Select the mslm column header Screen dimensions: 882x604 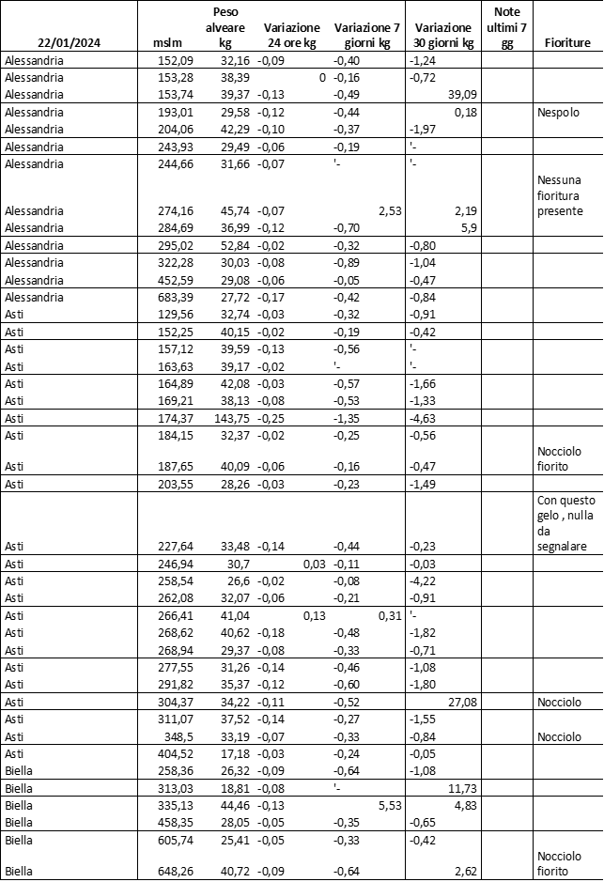(164, 43)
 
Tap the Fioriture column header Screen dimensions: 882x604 (566, 43)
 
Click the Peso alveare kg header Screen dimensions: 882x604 (225, 28)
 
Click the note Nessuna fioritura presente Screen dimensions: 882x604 (561, 195)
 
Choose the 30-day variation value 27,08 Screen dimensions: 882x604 (458, 703)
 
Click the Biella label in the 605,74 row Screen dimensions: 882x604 (19, 840)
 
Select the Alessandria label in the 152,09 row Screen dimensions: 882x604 (34, 60)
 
